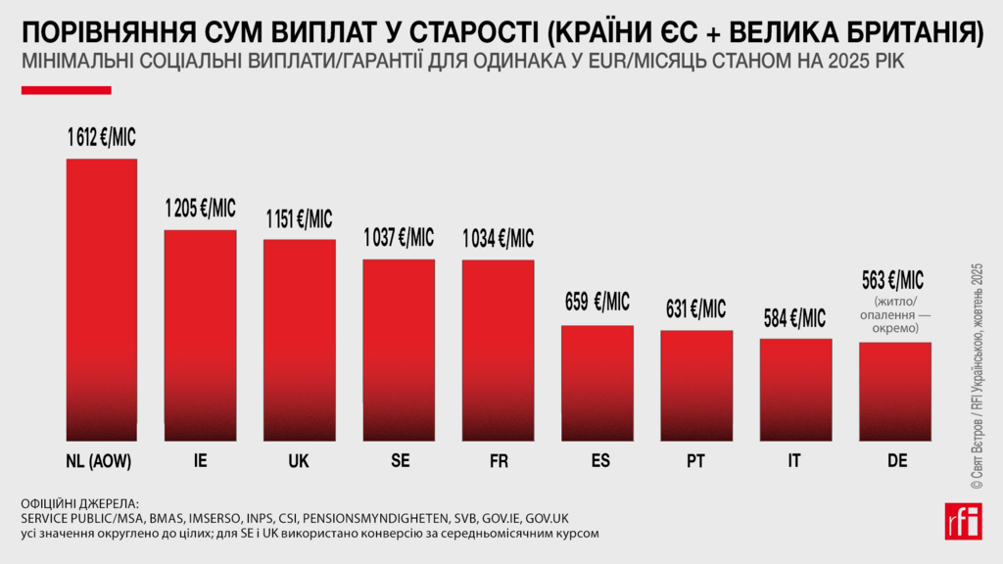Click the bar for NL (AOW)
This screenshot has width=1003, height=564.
[101, 294]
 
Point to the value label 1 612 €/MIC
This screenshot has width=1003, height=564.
[101, 138]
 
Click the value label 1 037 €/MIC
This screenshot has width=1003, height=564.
[399, 238]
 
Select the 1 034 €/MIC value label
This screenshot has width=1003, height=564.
[499, 238]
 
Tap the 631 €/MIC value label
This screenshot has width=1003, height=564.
[696, 309]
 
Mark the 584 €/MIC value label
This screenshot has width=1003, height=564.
[794, 318]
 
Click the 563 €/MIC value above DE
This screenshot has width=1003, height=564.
[894, 280]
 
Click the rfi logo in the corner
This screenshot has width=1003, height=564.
[964, 521]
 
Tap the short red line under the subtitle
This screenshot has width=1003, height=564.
[67, 90]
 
